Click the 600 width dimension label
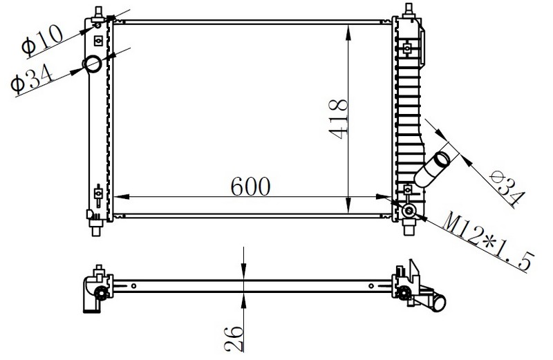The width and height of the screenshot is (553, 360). [x=250, y=186]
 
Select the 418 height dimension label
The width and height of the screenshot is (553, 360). [x=338, y=119]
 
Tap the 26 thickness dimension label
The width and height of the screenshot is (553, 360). [x=234, y=339]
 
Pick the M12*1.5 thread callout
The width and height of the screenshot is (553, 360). [x=489, y=242]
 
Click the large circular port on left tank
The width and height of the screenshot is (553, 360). [x=93, y=64]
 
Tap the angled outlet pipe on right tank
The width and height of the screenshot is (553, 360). [x=431, y=169]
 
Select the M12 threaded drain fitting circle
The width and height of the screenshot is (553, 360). [x=409, y=211]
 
